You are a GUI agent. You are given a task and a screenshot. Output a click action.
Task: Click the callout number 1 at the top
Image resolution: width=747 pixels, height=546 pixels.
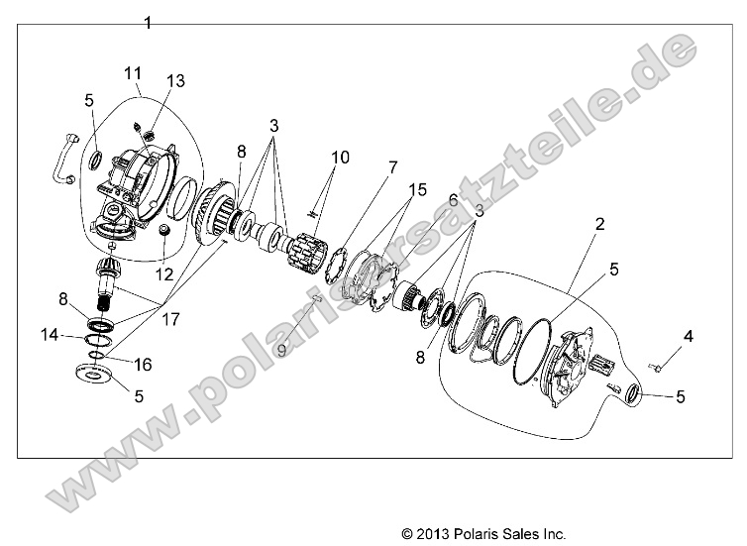pos(148,22)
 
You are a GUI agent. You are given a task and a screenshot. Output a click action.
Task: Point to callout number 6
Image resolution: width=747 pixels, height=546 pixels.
pos(453,199)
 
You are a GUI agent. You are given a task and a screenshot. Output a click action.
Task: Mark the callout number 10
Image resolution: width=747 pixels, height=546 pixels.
pos(341,157)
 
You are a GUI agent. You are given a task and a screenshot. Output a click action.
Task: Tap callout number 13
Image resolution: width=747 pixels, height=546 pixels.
pos(175,81)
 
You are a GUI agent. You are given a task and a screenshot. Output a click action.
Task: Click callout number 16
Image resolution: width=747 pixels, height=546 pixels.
pos(144,365)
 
